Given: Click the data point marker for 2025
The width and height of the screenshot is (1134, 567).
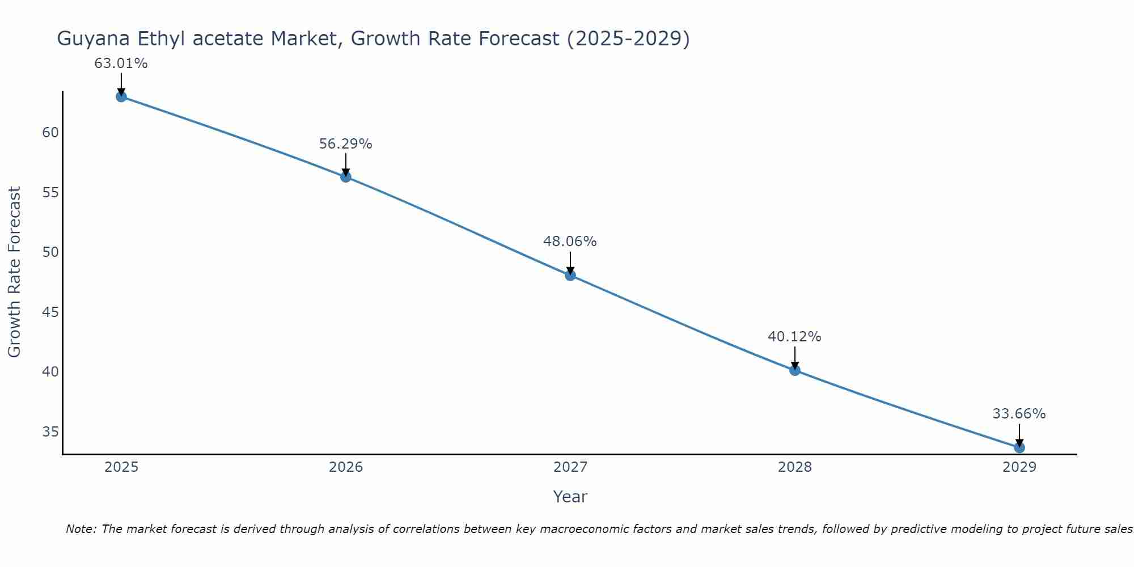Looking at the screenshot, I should pyautogui.click(x=121, y=96).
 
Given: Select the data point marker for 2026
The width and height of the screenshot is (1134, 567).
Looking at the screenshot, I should pyautogui.click(x=346, y=177).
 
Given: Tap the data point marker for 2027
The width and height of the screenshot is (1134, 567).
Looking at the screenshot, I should pyautogui.click(x=570, y=276).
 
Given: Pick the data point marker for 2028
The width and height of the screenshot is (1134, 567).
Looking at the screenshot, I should pyautogui.click(x=795, y=370).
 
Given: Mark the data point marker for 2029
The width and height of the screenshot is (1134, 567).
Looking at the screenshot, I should pyautogui.click(x=1019, y=447).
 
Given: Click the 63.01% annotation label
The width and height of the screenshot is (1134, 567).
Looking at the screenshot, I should pyautogui.click(x=121, y=64).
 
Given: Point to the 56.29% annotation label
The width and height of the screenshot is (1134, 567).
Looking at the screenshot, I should pyautogui.click(x=345, y=144).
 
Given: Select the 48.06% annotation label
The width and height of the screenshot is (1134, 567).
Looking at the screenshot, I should pyautogui.click(x=570, y=242).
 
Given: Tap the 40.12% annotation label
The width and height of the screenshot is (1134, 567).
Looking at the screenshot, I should pyautogui.click(x=794, y=337).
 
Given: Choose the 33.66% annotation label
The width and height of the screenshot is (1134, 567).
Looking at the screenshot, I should pyautogui.click(x=1019, y=414).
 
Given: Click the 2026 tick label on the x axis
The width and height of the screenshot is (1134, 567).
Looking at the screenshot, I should pyautogui.click(x=346, y=467).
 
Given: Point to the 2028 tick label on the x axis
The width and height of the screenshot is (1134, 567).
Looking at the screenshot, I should pyautogui.click(x=795, y=467).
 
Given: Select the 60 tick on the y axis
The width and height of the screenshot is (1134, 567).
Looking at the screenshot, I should pyautogui.click(x=50, y=133).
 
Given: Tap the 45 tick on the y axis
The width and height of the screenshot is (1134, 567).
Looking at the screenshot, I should pyautogui.click(x=50, y=312).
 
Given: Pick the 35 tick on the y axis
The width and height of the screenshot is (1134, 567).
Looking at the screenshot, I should pyautogui.click(x=50, y=432).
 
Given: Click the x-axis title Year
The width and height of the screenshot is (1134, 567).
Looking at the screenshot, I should pyautogui.click(x=570, y=497).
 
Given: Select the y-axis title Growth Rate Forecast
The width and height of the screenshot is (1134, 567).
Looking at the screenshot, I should pyautogui.click(x=15, y=272).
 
